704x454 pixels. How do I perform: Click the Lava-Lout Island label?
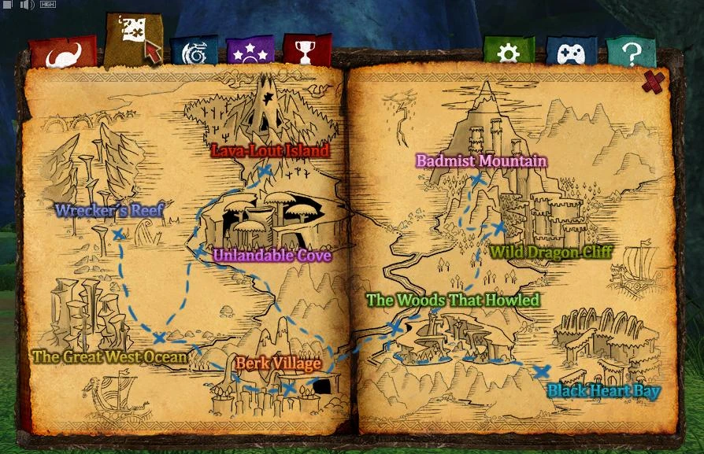[x=270, y=149]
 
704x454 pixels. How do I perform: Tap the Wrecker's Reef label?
[x=109, y=210]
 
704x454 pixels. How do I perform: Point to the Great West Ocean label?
[x=110, y=356]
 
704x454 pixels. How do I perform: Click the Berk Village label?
[x=278, y=364]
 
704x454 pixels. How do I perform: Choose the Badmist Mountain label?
[x=481, y=161]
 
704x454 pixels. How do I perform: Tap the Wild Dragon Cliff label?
[x=551, y=253]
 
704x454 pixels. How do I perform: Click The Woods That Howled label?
[x=454, y=300]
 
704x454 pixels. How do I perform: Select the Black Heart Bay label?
[x=604, y=390]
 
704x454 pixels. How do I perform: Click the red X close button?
[x=654, y=81]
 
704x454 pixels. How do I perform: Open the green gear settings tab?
[x=509, y=52]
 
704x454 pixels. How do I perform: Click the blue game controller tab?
[x=571, y=53]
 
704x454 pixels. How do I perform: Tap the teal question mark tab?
[x=632, y=53]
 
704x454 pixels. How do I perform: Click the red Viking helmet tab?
[x=62, y=54]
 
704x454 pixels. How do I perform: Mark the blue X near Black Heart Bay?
[x=541, y=371]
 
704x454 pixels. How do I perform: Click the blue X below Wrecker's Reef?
[x=118, y=234]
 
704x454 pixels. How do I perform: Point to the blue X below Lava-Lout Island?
[x=265, y=171]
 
